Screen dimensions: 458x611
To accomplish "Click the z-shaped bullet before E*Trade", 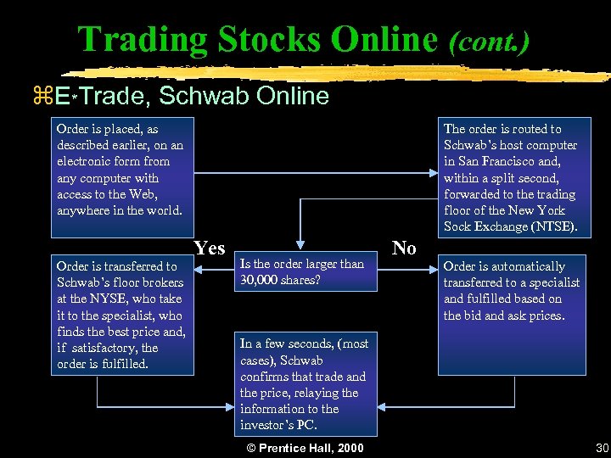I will (x=38, y=96).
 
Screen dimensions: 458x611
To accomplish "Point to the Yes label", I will (x=210, y=248).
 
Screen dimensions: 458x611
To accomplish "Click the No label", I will (x=404, y=248).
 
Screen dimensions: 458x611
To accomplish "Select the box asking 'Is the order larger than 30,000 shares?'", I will (x=305, y=271).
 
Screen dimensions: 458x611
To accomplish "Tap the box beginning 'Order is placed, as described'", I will (x=121, y=170).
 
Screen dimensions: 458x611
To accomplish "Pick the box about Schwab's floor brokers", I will (x=121, y=315).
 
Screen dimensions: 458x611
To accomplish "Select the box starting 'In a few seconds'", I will (x=305, y=383).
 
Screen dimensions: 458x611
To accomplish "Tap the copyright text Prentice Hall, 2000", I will (x=305, y=448).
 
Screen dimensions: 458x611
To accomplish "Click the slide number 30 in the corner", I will (x=602, y=448).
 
